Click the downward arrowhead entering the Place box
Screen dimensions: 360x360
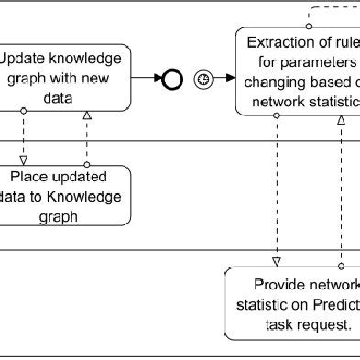[x=24, y=158]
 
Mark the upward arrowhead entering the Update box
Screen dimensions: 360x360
[x=87, y=115]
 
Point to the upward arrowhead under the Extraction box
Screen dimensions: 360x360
[x=341, y=121]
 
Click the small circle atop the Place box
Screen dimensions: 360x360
[x=87, y=165]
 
